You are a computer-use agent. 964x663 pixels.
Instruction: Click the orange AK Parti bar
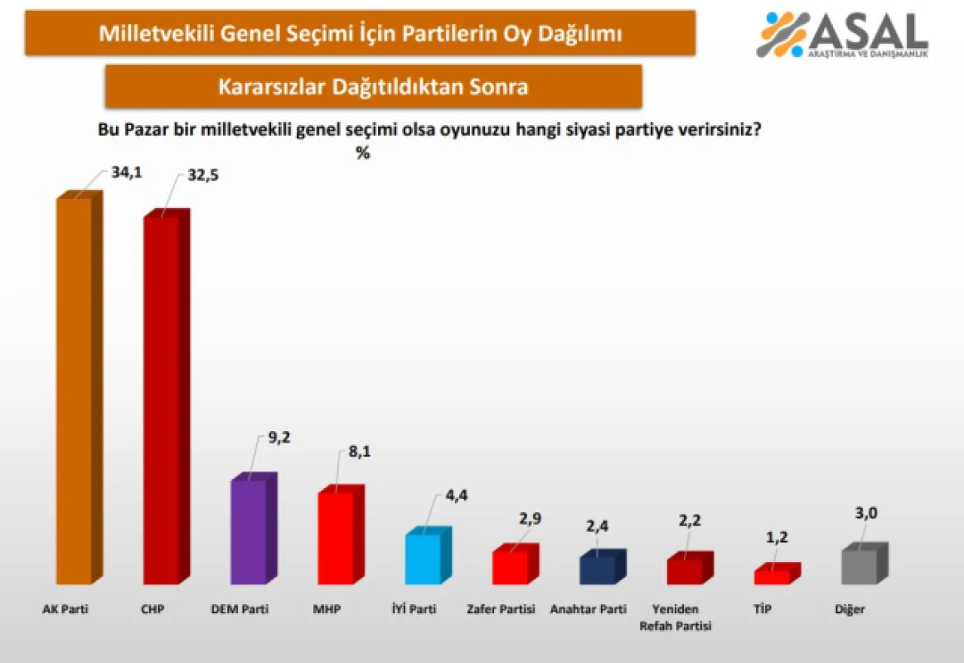point(74,390)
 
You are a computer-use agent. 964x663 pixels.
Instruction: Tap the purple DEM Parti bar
point(248,531)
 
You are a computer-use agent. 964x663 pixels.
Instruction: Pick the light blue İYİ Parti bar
point(423,559)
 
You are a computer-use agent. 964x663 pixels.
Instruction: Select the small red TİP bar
point(772,576)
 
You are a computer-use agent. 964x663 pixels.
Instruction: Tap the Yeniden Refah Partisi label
point(676,617)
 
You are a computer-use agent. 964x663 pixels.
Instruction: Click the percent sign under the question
point(363,153)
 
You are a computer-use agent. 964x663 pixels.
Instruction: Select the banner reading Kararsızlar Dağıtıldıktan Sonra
point(373,86)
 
